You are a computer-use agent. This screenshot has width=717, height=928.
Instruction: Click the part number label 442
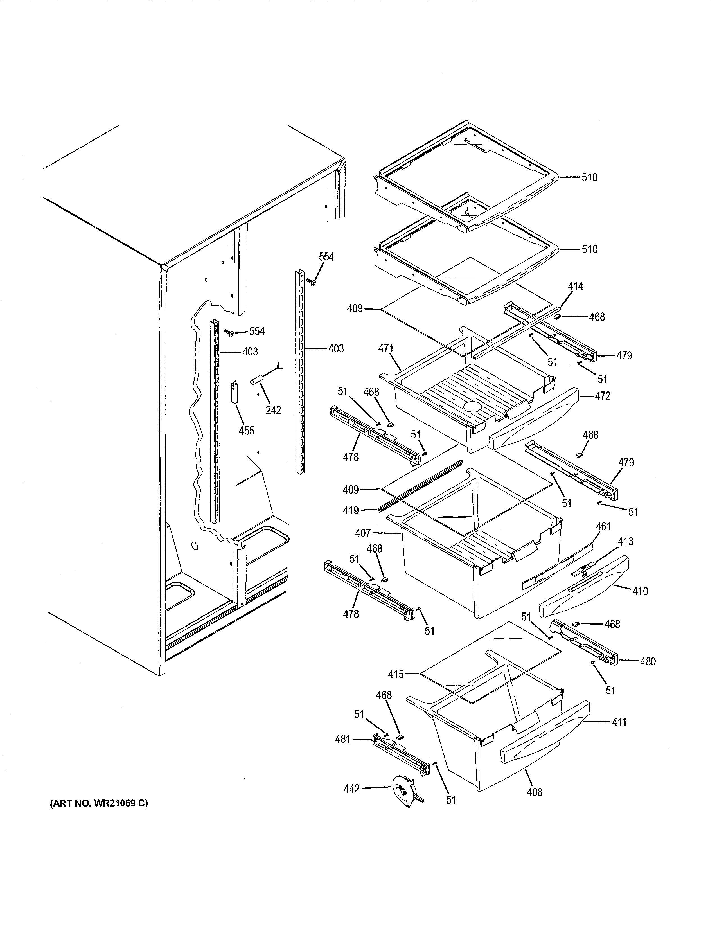351,789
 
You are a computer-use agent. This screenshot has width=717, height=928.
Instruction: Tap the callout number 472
602,396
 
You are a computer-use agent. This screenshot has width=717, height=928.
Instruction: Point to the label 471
386,349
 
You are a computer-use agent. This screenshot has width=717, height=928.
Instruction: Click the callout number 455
246,431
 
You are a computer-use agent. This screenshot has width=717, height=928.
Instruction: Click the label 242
273,410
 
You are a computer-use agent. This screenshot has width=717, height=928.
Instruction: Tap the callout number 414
576,286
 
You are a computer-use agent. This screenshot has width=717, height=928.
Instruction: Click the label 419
351,510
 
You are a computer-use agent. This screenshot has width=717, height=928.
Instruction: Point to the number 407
363,533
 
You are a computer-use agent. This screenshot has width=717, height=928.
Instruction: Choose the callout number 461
603,526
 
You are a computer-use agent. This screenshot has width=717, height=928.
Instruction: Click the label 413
625,541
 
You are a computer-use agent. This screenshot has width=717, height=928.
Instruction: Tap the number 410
640,591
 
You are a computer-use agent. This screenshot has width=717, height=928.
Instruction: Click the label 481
343,739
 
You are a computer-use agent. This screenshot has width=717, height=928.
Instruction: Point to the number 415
396,674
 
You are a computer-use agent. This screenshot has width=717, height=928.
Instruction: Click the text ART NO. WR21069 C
99,803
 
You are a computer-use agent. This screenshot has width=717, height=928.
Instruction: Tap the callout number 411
619,722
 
